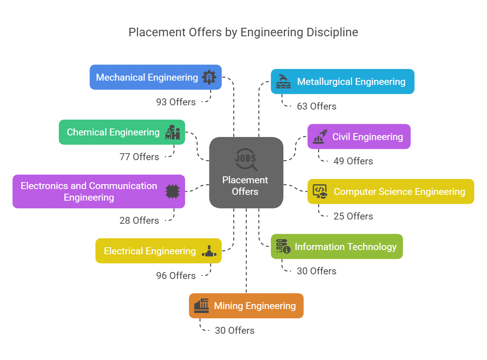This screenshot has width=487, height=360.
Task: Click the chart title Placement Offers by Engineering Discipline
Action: click(x=243, y=32)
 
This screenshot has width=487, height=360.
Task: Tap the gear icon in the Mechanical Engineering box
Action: click(x=209, y=77)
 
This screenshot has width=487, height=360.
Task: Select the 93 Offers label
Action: click(x=176, y=102)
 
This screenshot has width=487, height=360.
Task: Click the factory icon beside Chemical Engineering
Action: click(x=172, y=132)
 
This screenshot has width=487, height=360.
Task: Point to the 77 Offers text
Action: click(x=139, y=157)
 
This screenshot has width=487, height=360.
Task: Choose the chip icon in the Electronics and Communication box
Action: click(x=172, y=191)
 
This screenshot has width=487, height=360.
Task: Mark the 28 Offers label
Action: click(x=139, y=221)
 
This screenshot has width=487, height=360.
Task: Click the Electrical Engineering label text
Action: click(x=150, y=251)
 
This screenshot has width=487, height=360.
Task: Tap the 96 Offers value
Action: click(x=176, y=276)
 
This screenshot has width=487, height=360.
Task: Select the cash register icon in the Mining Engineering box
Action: click(x=201, y=306)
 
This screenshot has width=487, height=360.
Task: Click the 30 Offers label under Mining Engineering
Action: click(x=234, y=331)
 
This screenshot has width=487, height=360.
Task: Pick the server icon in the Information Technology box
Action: click(x=283, y=247)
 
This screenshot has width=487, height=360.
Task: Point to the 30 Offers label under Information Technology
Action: click(x=317, y=271)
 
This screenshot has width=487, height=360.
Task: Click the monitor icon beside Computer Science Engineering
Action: click(x=320, y=191)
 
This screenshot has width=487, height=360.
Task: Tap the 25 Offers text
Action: click(x=353, y=216)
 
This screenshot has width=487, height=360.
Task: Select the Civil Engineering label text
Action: click(x=367, y=137)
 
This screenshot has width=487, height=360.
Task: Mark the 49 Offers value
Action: click(x=353, y=161)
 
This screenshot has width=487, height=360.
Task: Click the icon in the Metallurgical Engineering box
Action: click(x=283, y=81)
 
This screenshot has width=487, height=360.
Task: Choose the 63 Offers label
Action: click(x=317, y=106)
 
